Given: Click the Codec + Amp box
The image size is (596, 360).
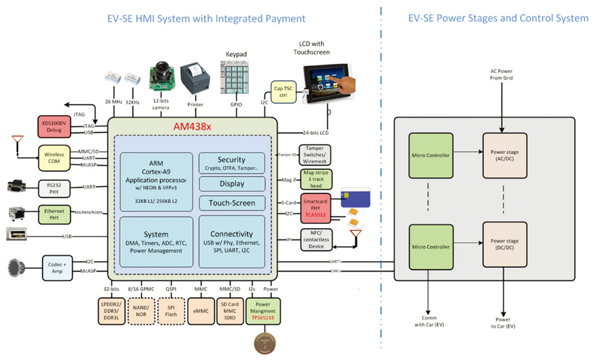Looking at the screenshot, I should (57, 266).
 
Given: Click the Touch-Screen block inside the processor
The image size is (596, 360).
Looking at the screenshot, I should (231, 203).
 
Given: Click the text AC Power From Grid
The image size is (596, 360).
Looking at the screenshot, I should (501, 75).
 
